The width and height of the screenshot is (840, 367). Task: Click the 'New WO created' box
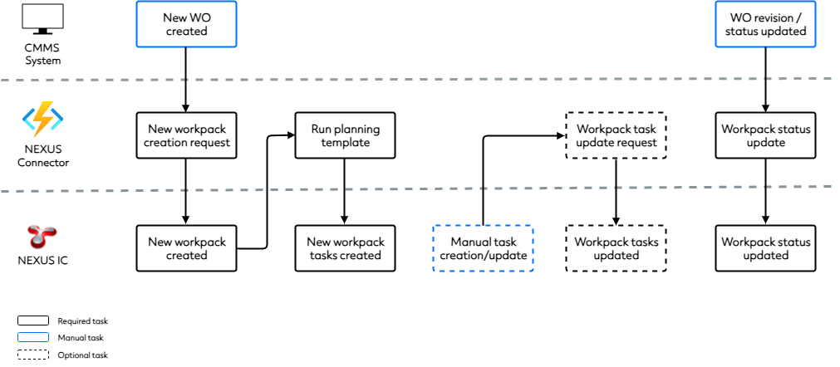(186, 24)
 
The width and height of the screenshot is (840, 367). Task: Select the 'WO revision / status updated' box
(765, 24)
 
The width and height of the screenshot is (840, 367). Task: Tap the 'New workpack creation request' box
(186, 135)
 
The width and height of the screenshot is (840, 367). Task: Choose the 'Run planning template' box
(345, 135)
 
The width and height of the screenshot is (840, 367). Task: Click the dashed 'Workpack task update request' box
(616, 135)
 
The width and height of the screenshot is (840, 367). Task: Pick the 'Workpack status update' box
(765, 135)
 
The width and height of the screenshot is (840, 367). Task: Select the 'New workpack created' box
(186, 248)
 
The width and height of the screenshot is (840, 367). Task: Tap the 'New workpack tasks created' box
(345, 248)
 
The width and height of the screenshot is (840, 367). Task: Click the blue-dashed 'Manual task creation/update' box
(483, 248)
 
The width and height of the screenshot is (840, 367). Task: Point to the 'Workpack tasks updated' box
(616, 248)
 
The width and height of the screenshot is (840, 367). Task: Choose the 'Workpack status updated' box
(765, 248)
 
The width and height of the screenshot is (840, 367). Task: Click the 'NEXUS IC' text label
(42, 261)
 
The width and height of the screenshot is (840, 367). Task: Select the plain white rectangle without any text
(42, 16)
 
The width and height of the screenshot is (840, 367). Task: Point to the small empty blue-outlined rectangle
(33, 337)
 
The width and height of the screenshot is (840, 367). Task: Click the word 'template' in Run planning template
(345, 143)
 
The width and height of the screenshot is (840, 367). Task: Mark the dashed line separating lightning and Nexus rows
(415, 190)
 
